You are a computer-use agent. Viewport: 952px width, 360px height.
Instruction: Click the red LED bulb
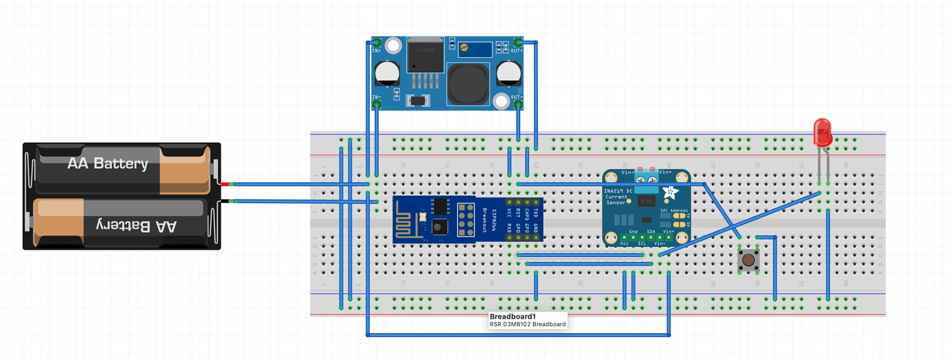[822, 132]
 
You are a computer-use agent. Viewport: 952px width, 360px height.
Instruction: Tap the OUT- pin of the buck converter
[517, 103]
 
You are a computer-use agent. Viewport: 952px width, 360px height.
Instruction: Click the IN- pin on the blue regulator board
[377, 104]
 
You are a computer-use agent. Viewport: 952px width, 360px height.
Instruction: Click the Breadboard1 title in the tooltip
[513, 317]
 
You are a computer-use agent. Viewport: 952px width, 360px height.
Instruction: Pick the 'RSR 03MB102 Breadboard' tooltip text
[528, 324]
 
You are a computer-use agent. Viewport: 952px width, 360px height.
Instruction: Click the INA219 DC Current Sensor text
[616, 196]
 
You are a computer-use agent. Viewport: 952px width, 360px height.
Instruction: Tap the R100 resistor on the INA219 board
[646, 201]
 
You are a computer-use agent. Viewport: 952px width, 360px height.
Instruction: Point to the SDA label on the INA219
[651, 232]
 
